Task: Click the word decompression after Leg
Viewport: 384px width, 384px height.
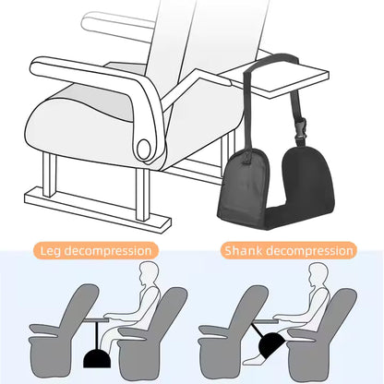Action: pyautogui.click(x=108, y=251)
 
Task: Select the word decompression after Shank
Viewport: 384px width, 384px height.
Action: pyautogui.click(x=310, y=251)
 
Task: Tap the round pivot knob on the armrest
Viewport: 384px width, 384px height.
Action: pyautogui.click(x=144, y=149)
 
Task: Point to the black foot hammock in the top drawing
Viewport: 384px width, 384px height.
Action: pyautogui.click(x=275, y=187)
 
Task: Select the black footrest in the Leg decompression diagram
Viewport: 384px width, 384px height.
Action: pyautogui.click(x=97, y=359)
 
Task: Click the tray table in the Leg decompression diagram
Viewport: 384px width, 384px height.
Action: pyautogui.click(x=96, y=320)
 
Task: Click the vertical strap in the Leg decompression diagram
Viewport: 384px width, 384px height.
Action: pyautogui.click(x=97, y=336)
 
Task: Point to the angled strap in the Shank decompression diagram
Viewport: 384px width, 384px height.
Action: pyautogui.click(x=258, y=330)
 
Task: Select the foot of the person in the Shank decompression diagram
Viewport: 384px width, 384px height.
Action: pyautogui.click(x=252, y=361)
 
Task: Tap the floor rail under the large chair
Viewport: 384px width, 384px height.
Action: pyautogui.click(x=97, y=210)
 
